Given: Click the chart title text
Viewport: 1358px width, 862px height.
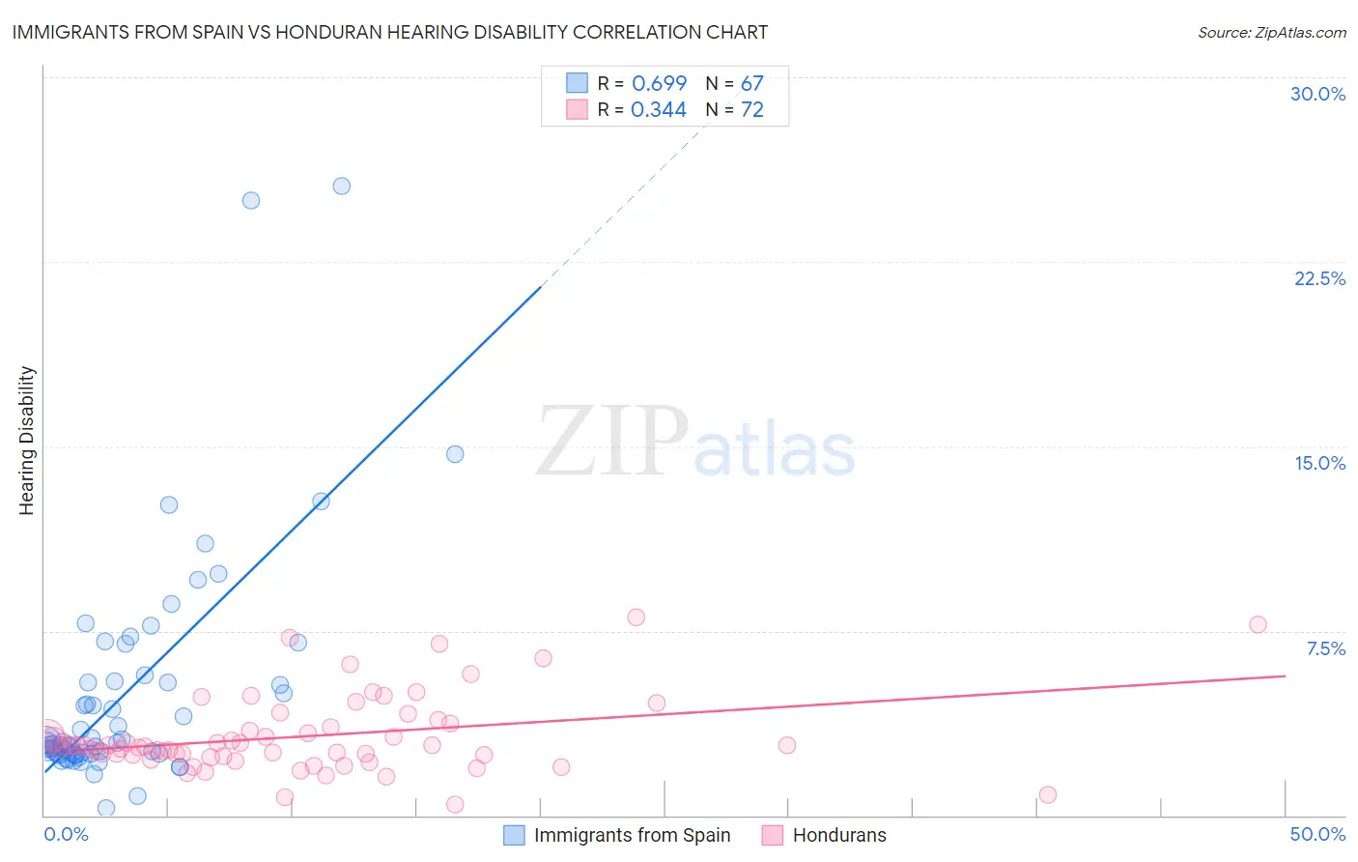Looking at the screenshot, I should pos(389,32).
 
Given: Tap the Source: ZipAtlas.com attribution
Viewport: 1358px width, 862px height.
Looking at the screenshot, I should pos(1271,32).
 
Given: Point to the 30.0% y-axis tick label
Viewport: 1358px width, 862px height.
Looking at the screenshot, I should pos(1317,94).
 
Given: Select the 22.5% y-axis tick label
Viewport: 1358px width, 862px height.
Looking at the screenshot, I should pos(1319,278).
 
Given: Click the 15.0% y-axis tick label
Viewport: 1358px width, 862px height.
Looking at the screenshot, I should pos(1319,463).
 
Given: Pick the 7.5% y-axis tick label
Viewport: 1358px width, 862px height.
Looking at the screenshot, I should pos(1325,648).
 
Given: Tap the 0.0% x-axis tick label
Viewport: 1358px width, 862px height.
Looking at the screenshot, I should pos(66,834).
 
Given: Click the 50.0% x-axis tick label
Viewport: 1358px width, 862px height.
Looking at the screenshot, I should pos(1317,834).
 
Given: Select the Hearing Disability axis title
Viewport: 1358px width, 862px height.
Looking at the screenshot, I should pos(27,441).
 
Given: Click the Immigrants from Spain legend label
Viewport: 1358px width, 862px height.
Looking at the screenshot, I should pos(632,835).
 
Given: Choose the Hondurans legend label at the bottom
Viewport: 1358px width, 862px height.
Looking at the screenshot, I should pos(838,835).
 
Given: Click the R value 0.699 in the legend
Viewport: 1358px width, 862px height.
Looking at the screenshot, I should pos(659,84).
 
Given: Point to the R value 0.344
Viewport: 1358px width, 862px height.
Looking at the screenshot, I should pos(658,110).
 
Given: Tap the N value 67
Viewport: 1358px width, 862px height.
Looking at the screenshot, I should pos(751,84).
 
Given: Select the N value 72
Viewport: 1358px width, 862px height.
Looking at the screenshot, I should pos(751,110).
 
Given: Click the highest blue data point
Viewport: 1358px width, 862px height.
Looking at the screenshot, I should pos(341,186).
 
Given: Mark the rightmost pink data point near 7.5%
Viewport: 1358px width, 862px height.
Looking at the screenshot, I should pos(1258,624).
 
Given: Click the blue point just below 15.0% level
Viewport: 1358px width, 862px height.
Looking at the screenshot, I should pos(455,454).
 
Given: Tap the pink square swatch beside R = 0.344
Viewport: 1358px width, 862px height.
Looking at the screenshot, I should pos(577,110).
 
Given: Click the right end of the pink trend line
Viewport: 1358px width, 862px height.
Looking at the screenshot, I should pos(1285,675).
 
